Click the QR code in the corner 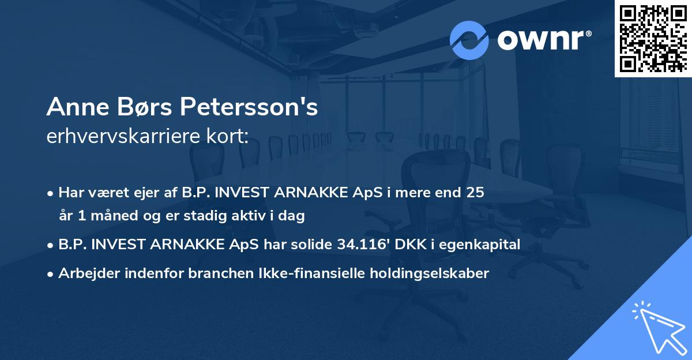(x=653, y=38)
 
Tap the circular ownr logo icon (x=469, y=40)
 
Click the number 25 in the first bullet (x=476, y=193)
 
